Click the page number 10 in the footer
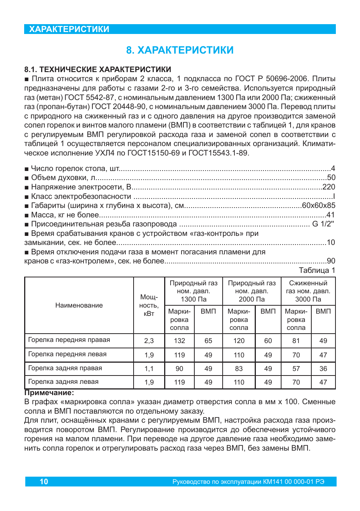(44, 482)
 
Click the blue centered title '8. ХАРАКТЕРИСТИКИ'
(180, 50)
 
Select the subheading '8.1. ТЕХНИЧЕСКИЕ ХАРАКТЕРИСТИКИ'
(98, 69)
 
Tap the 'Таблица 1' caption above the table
(317, 270)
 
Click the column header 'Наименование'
(79, 305)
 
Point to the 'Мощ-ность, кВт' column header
(149, 305)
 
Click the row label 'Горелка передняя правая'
(69, 340)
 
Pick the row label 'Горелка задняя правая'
(65, 368)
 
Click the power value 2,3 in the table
(149, 340)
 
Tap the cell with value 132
(179, 340)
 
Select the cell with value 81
(296, 340)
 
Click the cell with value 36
(323, 369)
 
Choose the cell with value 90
(179, 369)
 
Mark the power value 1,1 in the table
(149, 369)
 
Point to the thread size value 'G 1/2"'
(323, 224)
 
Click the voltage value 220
(329, 187)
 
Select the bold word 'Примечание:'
(49, 392)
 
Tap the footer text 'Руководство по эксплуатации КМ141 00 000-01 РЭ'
(248, 482)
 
